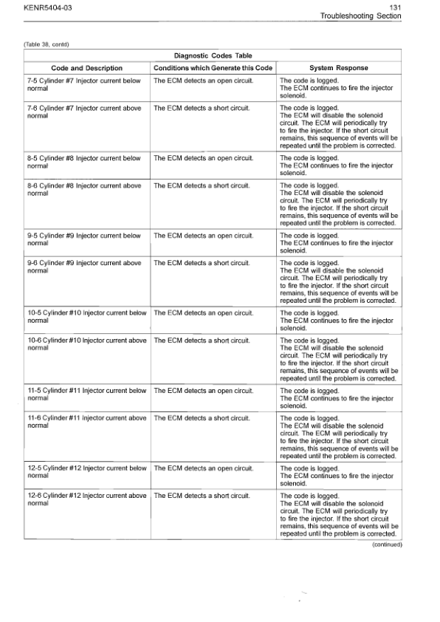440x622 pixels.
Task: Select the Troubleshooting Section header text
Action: (360, 16)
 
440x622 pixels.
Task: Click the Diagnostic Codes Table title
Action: (213, 55)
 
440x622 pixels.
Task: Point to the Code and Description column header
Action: (86, 68)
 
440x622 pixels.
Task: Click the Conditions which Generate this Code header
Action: (213, 68)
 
